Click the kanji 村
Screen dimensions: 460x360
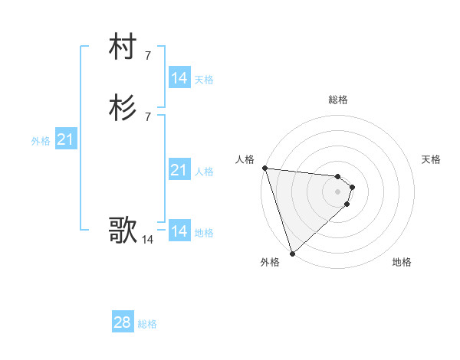(x=123, y=47)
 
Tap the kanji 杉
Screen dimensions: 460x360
(x=123, y=108)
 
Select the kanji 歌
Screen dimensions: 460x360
(x=123, y=229)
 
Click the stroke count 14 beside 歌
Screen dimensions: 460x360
(x=147, y=240)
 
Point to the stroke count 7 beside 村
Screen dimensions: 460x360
(x=147, y=55)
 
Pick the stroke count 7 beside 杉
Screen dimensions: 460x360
(x=147, y=116)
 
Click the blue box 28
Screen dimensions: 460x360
(x=123, y=322)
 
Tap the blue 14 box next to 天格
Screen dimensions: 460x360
(x=179, y=77)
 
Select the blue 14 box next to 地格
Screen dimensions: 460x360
(x=179, y=231)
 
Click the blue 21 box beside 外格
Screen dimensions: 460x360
(x=65, y=139)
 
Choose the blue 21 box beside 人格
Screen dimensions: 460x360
(x=179, y=170)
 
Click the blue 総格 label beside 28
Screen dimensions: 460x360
(x=147, y=324)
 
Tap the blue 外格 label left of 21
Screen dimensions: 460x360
(x=41, y=141)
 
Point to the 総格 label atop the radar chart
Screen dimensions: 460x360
(x=337, y=100)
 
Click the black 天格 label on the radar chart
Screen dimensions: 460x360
(x=431, y=159)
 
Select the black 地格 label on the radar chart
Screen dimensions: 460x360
(x=402, y=262)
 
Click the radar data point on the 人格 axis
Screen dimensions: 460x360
(x=264, y=168)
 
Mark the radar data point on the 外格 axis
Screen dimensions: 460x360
(x=292, y=253)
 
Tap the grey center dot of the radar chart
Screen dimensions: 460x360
(x=337, y=191)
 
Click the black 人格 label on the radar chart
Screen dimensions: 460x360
(x=245, y=159)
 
